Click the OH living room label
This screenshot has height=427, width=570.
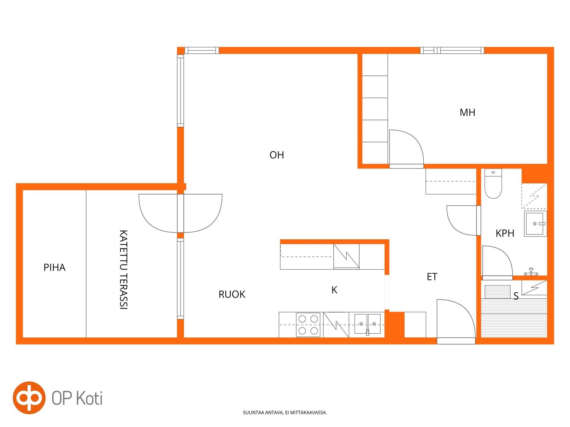[277, 155]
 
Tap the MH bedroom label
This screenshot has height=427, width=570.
[467, 112]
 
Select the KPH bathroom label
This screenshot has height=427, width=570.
[505, 233]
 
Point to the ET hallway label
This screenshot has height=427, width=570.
[432, 277]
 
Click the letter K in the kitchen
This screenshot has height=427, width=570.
[334, 290]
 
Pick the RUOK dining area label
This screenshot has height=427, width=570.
[232, 294]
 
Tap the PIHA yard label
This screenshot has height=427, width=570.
[54, 267]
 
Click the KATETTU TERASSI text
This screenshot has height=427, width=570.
[123, 270]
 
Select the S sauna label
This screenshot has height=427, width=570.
[516, 296]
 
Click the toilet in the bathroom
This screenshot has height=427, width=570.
[493, 184]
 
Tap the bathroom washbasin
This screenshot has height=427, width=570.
[535, 224]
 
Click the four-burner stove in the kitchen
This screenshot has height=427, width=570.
[308, 325]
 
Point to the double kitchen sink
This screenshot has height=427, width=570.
[368, 324]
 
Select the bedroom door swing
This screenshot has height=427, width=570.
[406, 147]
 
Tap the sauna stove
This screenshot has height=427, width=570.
[498, 291]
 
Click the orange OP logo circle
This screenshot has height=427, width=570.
[29, 398]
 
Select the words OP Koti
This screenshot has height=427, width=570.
[77, 398]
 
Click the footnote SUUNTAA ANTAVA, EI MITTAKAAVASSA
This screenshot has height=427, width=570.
[285, 412]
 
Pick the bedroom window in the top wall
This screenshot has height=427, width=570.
[452, 50]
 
